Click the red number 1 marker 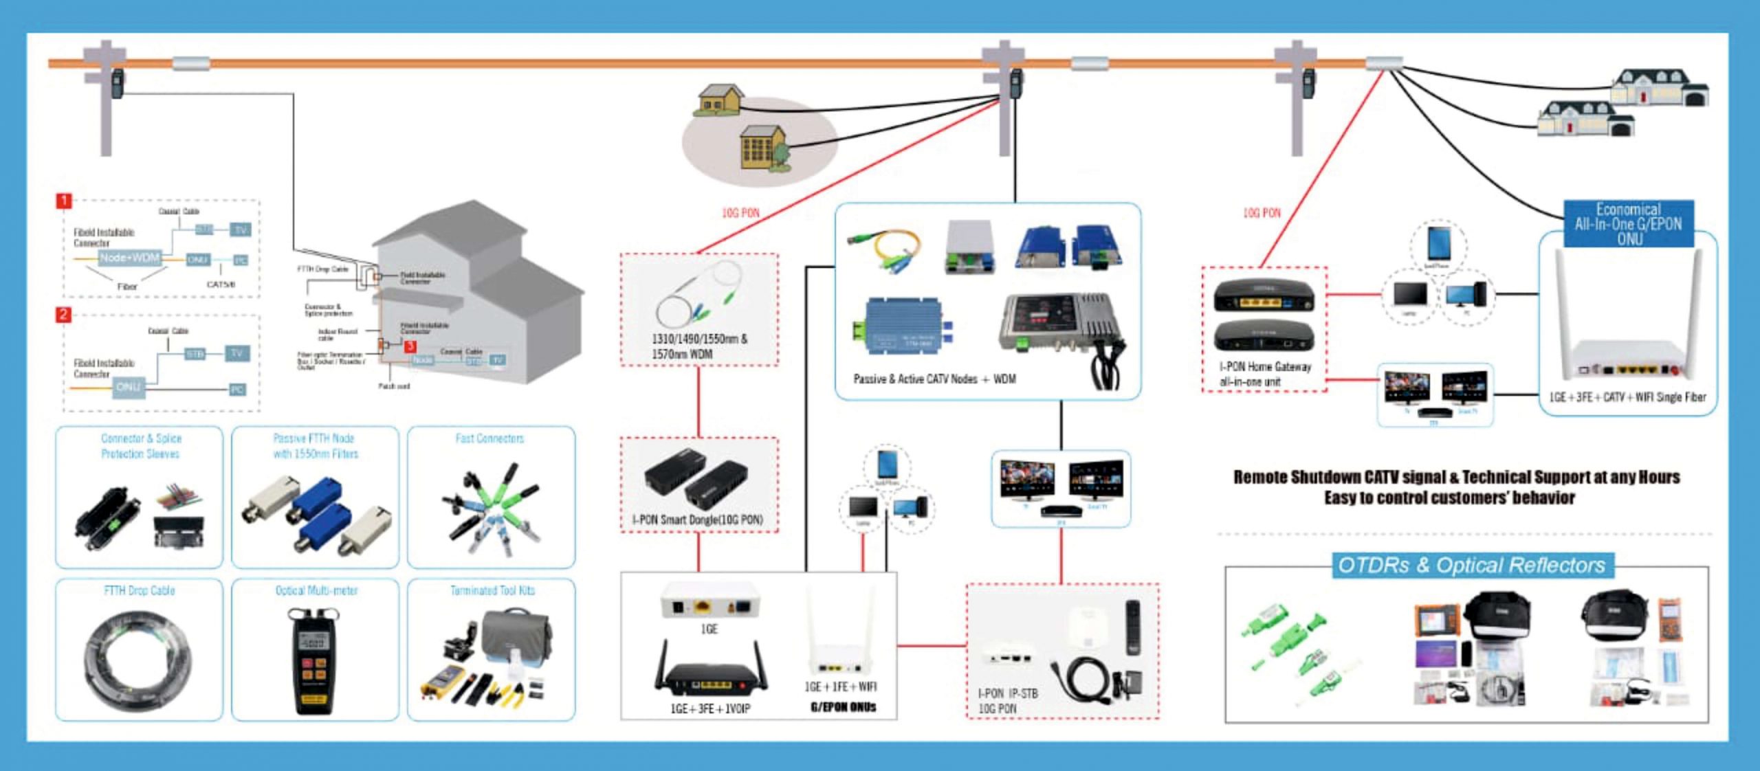coord(63,201)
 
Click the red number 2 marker coord(63,315)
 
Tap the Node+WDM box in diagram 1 coord(129,258)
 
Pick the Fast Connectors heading coord(489,438)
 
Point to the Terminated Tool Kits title coord(492,590)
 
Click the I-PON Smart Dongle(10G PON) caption coord(697,519)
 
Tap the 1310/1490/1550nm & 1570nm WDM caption coord(698,346)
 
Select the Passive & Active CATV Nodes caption coord(934,379)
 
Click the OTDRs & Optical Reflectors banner coord(1471,566)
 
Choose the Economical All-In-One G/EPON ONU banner coord(1628,224)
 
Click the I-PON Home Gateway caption coord(1265,374)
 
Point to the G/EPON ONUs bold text coord(843,707)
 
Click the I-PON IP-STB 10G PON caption coord(1007,701)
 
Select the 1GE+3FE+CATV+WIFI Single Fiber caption coord(1627,397)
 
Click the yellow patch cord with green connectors coord(888,250)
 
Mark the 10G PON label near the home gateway coord(1262,213)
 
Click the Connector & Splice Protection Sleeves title coord(141,446)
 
